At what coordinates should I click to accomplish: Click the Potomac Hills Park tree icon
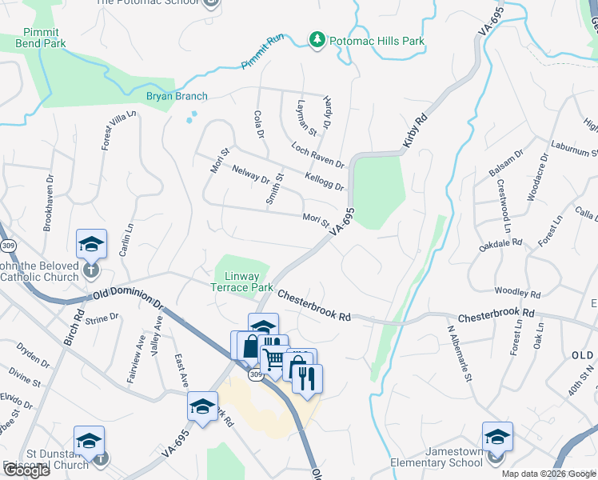pyautogui.click(x=317, y=40)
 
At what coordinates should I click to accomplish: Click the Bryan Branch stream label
pyautogui.click(x=177, y=97)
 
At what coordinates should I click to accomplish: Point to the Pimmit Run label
pyautogui.click(x=263, y=62)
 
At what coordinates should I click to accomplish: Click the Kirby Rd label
pyautogui.click(x=415, y=128)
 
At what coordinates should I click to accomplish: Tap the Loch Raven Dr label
pyautogui.click(x=317, y=156)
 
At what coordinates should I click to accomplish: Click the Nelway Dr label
pyautogui.click(x=251, y=174)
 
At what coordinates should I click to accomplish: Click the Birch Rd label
pyautogui.click(x=73, y=328)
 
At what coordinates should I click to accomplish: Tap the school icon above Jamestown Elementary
pyautogui.click(x=497, y=437)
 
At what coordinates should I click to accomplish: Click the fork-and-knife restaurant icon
pyautogui.click(x=307, y=378)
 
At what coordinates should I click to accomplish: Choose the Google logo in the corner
pyautogui.click(x=26, y=470)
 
